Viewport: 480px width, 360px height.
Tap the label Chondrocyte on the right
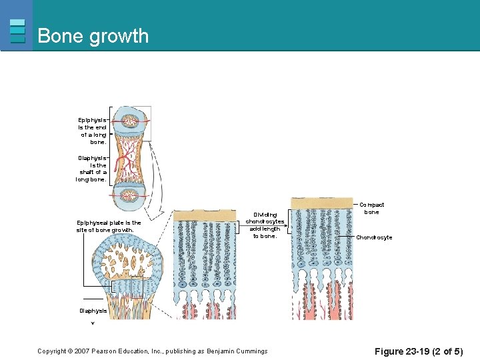(x=374, y=237)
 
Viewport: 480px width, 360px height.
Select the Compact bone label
(x=371, y=209)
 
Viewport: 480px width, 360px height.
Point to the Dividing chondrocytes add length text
(x=265, y=225)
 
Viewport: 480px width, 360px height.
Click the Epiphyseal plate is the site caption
(x=109, y=227)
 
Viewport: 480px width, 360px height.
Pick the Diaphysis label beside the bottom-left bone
(x=93, y=311)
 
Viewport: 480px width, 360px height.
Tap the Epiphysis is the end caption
(x=92, y=131)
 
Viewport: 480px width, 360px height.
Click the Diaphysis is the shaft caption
(x=91, y=168)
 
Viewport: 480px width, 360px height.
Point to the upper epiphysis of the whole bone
(x=130, y=122)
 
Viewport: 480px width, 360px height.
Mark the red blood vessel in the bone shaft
(x=124, y=160)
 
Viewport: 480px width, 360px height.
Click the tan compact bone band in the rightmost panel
(x=322, y=203)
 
